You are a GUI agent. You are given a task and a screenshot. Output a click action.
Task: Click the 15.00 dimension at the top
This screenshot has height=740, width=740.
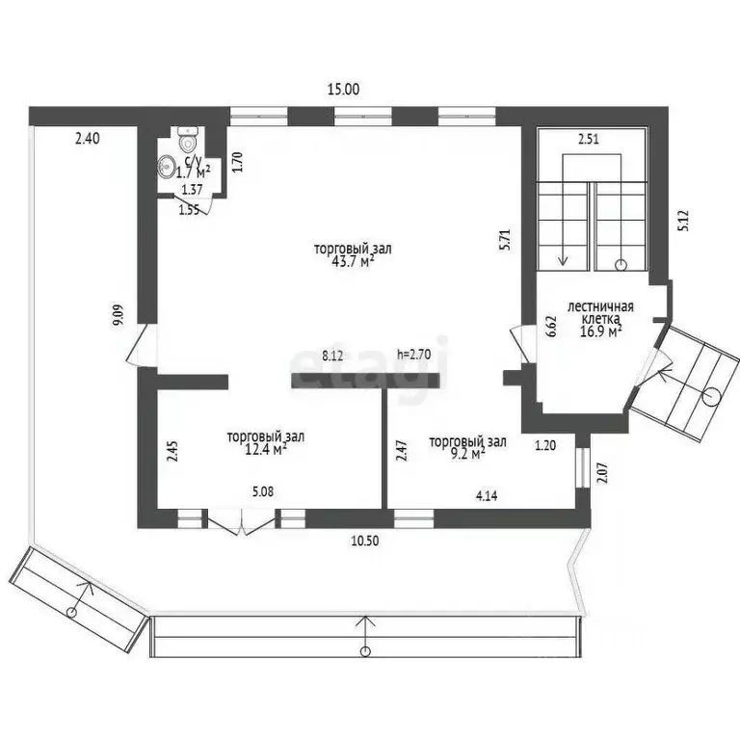point(344,90)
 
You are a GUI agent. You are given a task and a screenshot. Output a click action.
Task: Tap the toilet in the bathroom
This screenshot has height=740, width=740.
point(188,138)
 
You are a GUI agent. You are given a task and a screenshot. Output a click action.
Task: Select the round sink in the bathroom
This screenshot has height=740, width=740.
point(166,167)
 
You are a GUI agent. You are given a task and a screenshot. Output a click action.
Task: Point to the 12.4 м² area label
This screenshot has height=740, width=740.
point(266,449)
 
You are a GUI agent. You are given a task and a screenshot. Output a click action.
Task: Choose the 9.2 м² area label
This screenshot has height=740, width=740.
point(467,454)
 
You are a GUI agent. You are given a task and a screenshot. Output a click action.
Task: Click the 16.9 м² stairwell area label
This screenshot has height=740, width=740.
point(600,331)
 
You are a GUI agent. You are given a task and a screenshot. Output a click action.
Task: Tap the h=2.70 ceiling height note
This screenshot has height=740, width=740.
point(414,354)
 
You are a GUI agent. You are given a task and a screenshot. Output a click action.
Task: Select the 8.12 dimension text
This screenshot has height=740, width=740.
point(332,356)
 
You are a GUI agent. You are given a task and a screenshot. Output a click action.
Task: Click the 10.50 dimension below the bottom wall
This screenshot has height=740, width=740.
point(365,541)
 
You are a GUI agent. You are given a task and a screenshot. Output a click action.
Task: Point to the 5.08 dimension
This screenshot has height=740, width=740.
point(263,491)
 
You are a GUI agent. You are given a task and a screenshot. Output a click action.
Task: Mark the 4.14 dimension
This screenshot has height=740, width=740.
point(487,496)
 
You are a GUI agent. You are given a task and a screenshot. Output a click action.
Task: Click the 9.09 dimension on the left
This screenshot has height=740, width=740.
point(119,315)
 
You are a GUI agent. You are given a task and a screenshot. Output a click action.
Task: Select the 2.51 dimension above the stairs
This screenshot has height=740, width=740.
point(589,139)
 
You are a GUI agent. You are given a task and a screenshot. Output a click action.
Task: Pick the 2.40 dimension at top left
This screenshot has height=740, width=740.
point(88,139)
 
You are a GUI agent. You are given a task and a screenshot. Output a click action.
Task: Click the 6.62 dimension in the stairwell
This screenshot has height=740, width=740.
point(552,326)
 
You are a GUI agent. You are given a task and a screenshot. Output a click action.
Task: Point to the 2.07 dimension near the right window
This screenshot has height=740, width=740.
point(602,472)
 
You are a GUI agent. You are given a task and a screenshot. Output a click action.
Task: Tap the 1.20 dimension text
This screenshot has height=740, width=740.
point(545,445)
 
